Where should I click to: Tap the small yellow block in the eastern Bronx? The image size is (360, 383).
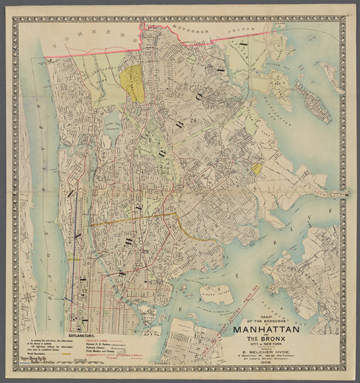pyautogui.click(x=257, y=168)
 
